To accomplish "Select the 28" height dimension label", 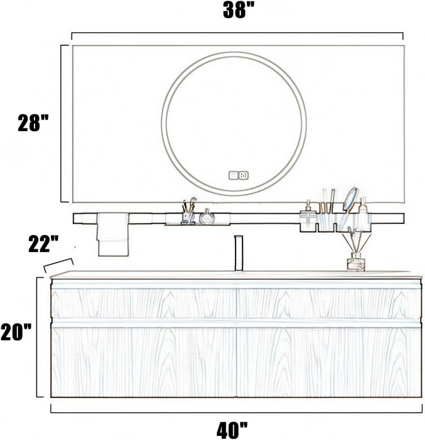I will [33, 123].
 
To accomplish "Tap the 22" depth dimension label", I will [43, 244].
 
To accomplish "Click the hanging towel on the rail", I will [113, 234].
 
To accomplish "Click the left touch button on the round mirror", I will [233, 175].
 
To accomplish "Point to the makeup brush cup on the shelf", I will [189, 213].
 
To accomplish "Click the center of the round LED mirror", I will [234, 124].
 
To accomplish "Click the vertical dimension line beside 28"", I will [61, 123].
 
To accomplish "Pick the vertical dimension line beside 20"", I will [37, 337].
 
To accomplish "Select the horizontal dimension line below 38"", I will [237, 33].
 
